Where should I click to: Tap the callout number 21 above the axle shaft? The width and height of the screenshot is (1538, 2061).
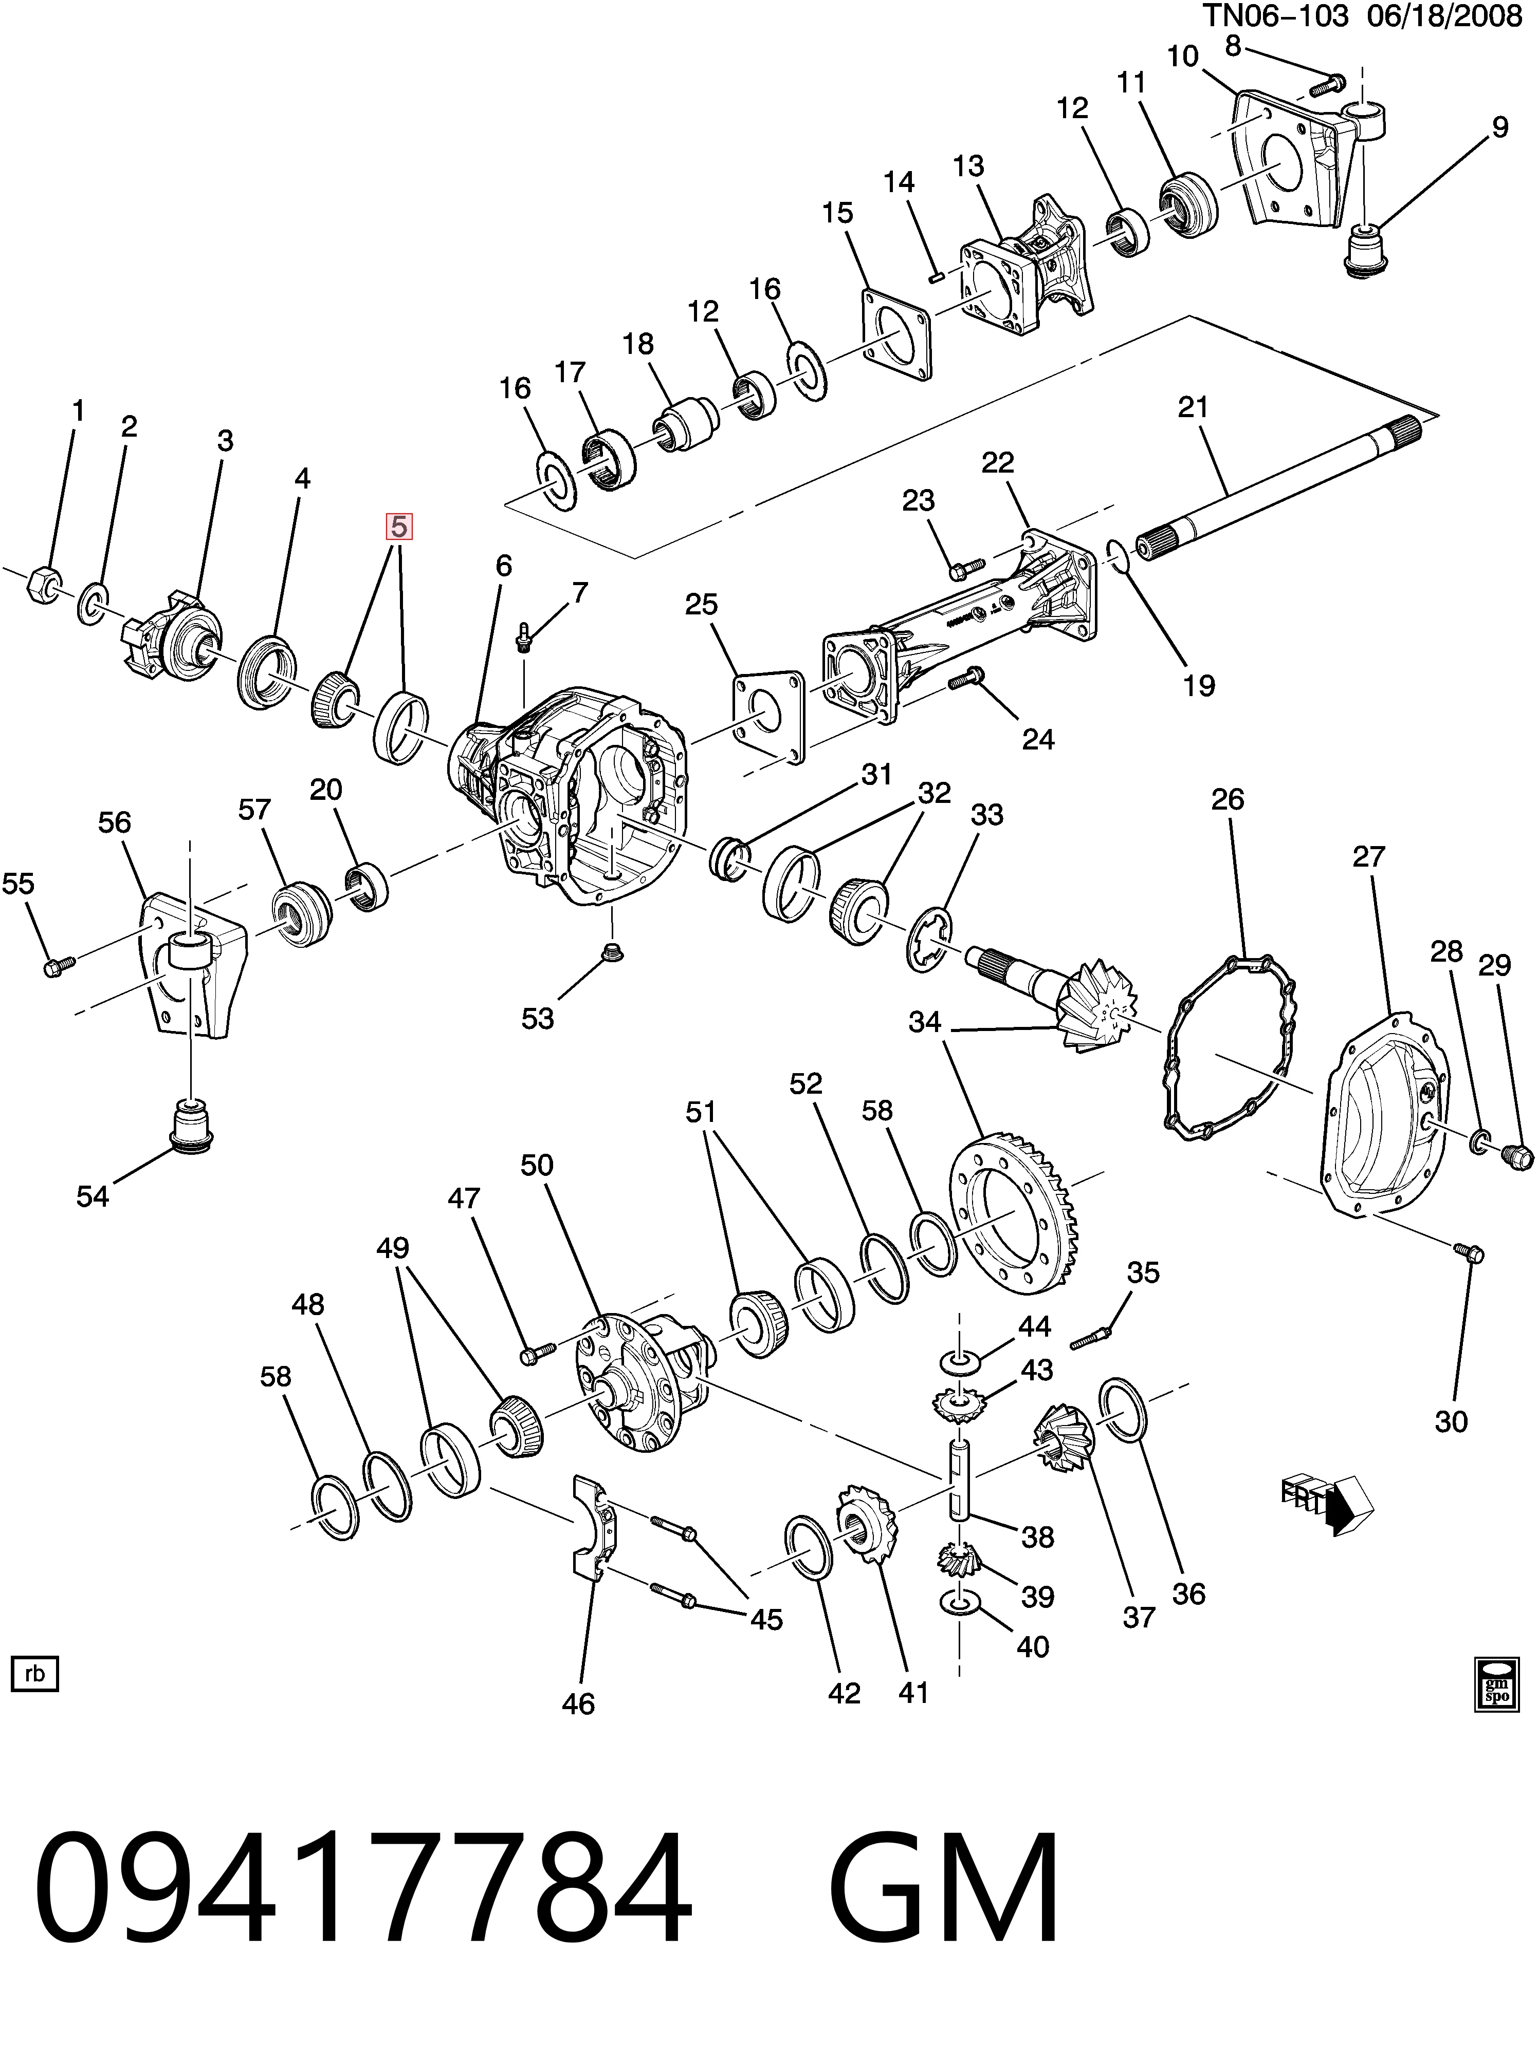click(x=1193, y=407)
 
